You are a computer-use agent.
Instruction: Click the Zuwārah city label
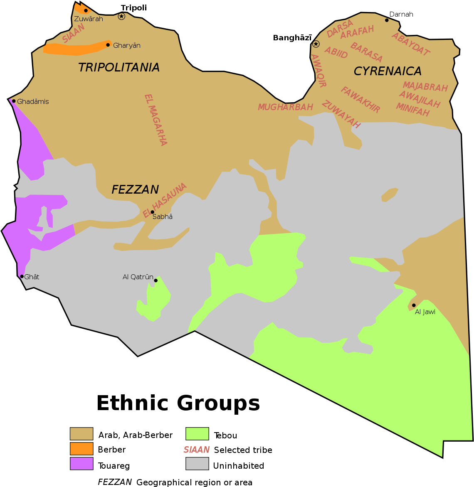[88, 19]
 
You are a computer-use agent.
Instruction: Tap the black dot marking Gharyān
[108, 45]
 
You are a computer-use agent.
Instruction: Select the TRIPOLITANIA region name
[119, 67]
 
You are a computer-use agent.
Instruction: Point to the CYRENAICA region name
[388, 71]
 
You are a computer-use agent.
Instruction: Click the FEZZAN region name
[135, 189]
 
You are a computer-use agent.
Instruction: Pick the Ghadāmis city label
[33, 101]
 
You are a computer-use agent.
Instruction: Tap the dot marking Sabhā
[153, 212]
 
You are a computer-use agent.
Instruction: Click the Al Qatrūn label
[138, 277]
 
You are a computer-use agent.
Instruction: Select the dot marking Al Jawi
[414, 305]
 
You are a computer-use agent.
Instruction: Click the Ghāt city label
[32, 277]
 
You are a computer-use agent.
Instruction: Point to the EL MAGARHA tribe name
[156, 120]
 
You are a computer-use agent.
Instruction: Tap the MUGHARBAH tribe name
[285, 107]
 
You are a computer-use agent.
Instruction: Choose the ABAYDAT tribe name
[410, 44]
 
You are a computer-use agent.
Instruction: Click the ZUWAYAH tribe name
[341, 114]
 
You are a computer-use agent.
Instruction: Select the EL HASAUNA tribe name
[165, 200]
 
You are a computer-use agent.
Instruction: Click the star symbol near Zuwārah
[121, 16]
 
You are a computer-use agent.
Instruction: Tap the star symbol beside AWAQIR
[316, 44]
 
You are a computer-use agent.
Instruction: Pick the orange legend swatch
[81, 449]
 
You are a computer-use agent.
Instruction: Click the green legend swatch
[197, 434]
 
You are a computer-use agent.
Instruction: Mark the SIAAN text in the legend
[197, 450]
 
